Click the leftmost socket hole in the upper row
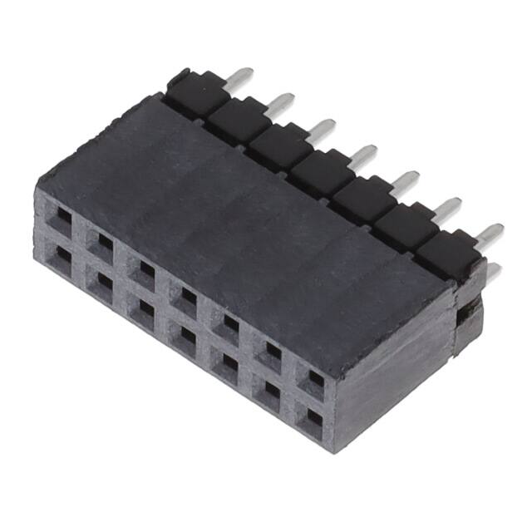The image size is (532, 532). (x=59, y=219)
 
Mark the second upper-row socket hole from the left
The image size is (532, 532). (x=101, y=244)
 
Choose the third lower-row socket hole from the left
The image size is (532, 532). (x=143, y=312)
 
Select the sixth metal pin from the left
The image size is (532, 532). (x=449, y=206)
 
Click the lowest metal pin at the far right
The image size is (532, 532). (x=493, y=271)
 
